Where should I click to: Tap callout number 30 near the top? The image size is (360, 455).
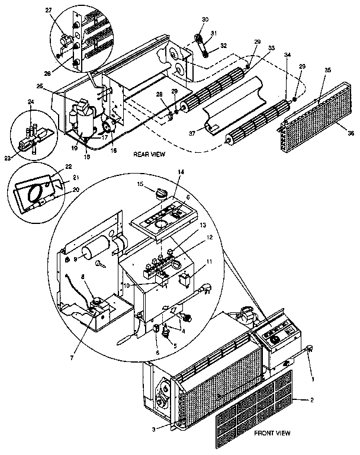coord(205,20)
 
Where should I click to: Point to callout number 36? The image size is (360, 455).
coord(351,134)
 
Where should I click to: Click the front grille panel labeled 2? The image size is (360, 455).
coord(255,409)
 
